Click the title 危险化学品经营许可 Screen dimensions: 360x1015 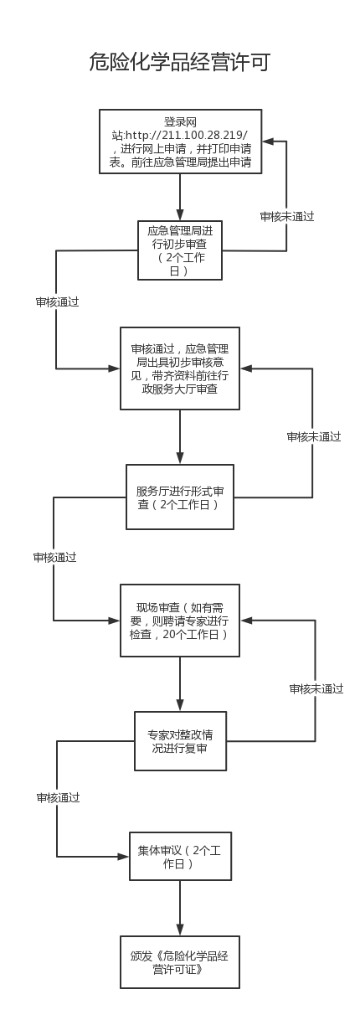pyautogui.click(x=180, y=62)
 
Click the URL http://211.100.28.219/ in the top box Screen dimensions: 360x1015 pyautogui.click(x=187, y=136)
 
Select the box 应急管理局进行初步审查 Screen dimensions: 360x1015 pyautogui.click(x=180, y=250)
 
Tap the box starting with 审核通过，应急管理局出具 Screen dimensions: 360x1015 pyautogui.click(x=180, y=368)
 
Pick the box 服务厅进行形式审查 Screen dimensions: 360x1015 pyautogui.click(x=180, y=497)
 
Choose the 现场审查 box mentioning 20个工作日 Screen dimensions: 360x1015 pyautogui.click(x=180, y=621)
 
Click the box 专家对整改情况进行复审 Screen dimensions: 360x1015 pyautogui.click(x=180, y=741)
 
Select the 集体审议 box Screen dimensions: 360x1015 pyautogui.click(x=180, y=856)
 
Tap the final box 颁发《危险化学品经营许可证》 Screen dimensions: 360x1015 pyautogui.click(x=180, y=962)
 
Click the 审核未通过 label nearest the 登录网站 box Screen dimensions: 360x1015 pyautogui.click(x=286, y=217)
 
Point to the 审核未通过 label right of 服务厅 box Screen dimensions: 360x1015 pyautogui.click(x=313, y=437)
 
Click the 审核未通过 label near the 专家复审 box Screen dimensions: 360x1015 pyautogui.click(x=316, y=689)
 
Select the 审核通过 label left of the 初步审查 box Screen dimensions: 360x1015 pyautogui.click(x=57, y=301)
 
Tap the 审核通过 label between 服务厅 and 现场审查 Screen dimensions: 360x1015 pyautogui.click(x=54, y=558)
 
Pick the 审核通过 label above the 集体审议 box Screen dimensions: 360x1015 pyautogui.click(x=58, y=797)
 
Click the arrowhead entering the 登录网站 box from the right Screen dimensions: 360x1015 pyautogui.click(x=268, y=142)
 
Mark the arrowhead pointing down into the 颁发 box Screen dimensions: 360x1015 pyautogui.click(x=180, y=930)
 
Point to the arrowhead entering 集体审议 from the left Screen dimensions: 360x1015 pyautogui.click(x=124, y=857)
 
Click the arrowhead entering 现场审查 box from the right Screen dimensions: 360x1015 pyautogui.click(x=246, y=621)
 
